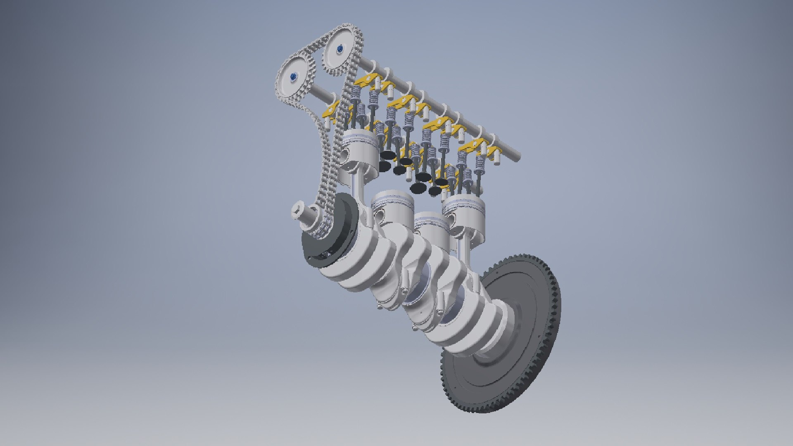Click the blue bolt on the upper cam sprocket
pos(340,49)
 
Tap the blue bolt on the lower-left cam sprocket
pos(293,76)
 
